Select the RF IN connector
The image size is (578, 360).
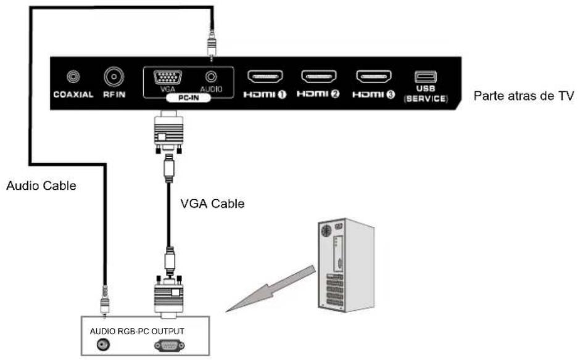(115, 77)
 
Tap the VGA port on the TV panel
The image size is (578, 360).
(163, 78)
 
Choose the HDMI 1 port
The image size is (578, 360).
(265, 77)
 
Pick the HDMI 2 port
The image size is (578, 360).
(318, 77)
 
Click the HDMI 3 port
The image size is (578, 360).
(373, 77)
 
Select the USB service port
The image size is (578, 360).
(426, 77)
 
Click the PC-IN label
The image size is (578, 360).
(186, 99)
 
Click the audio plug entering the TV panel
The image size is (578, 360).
(212, 43)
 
